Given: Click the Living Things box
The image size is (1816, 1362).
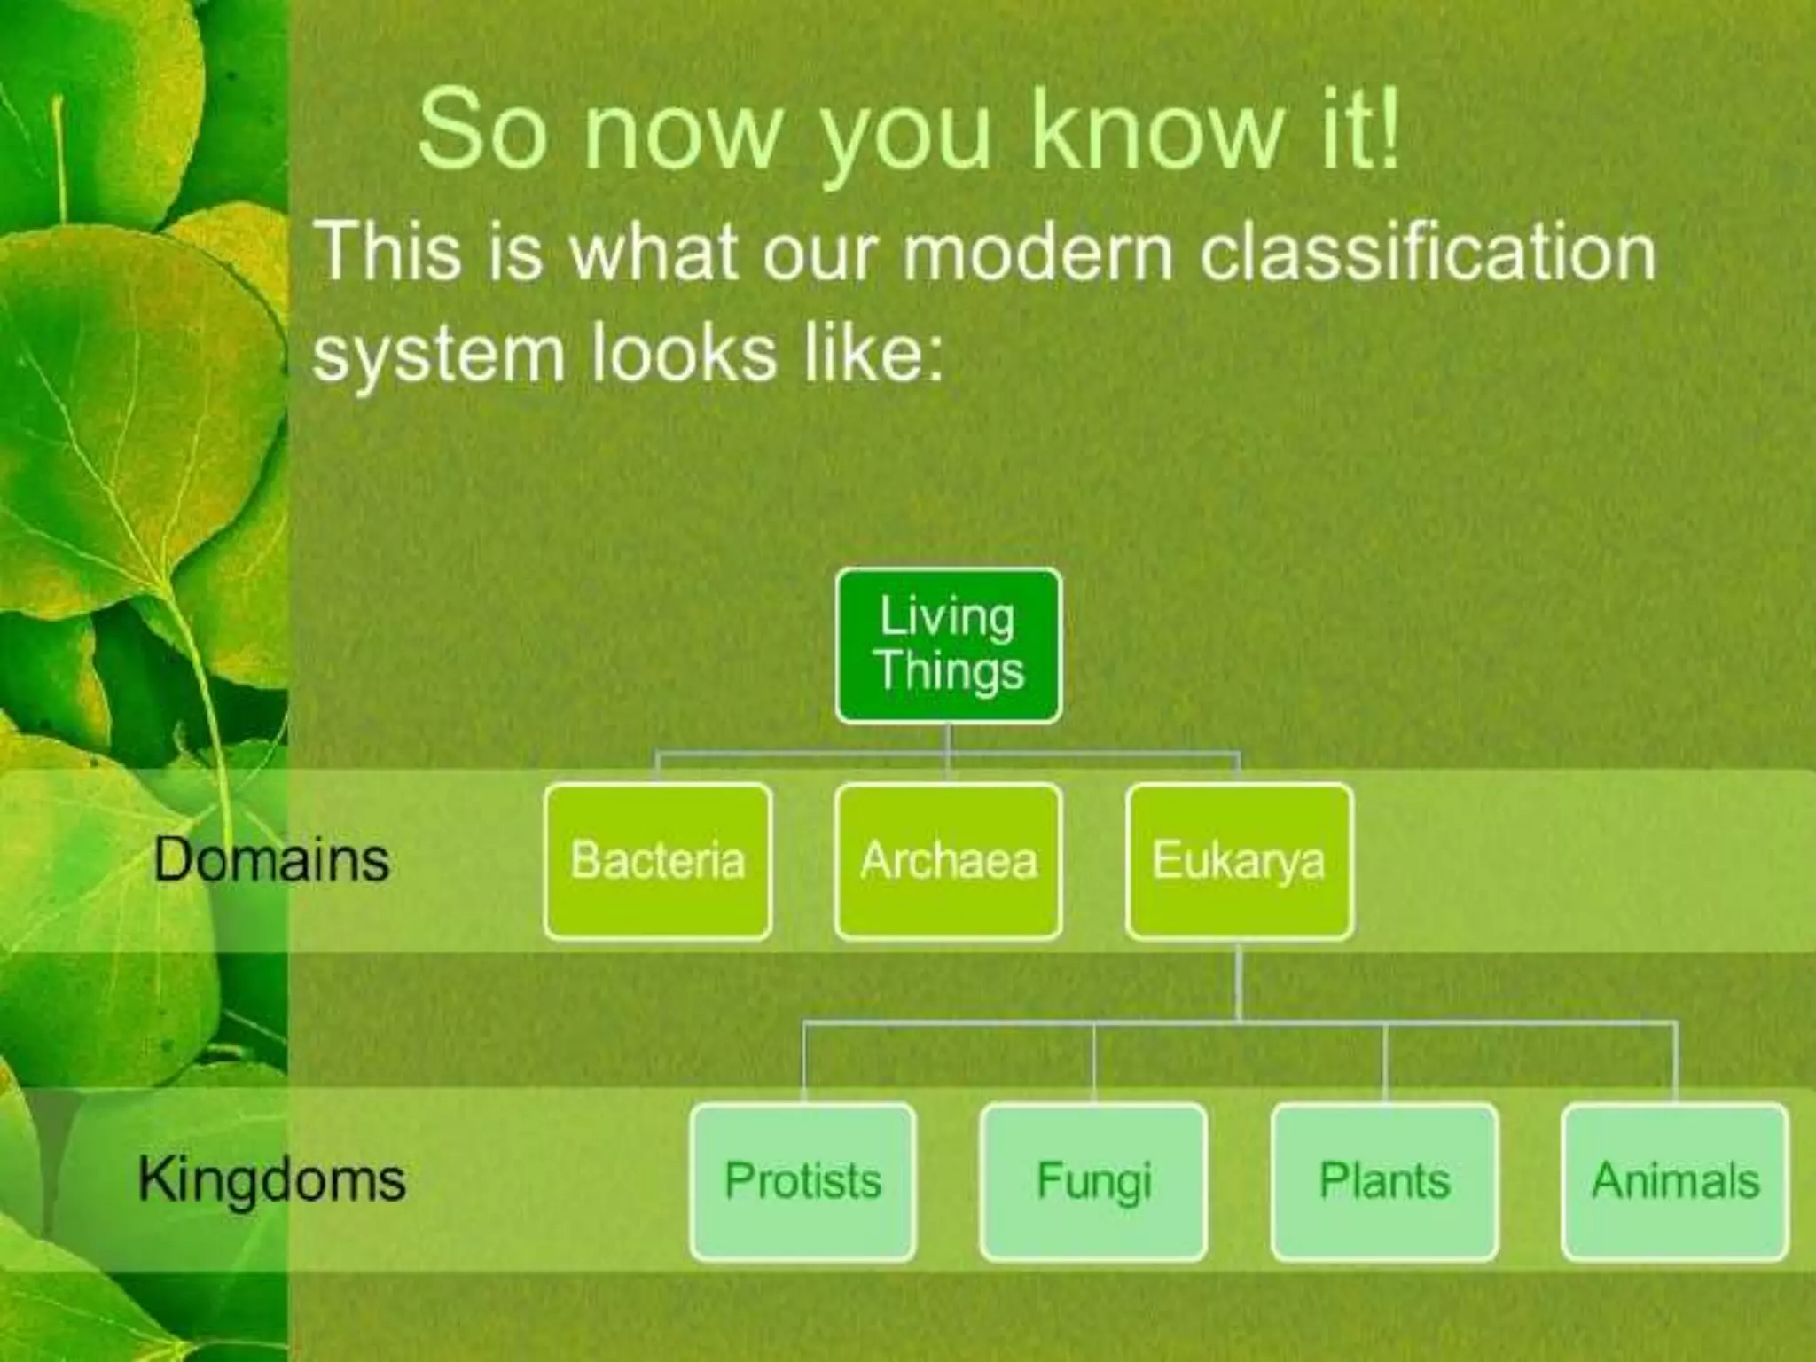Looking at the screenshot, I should coord(948,646).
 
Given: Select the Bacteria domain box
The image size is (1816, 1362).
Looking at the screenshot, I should coord(657,861).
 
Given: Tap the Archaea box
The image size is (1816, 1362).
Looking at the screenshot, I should coord(948,861).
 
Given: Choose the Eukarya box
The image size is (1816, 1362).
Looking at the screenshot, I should coord(1239,861).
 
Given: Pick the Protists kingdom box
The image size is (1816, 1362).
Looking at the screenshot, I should coord(802,1181).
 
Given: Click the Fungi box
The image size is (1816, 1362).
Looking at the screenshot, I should coord(1093,1181).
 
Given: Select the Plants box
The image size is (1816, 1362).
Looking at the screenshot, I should coord(1384,1181).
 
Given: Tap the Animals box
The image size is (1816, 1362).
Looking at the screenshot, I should coord(1675,1181).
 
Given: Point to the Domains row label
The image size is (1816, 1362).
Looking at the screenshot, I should coord(270,860).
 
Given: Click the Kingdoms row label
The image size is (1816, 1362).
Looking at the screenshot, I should coord(271,1180).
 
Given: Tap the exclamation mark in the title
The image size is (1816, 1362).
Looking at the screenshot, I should coord(1389,131).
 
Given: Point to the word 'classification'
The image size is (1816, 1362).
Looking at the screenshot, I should coord(1428,254).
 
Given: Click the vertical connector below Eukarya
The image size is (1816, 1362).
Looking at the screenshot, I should coord(1239,980).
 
